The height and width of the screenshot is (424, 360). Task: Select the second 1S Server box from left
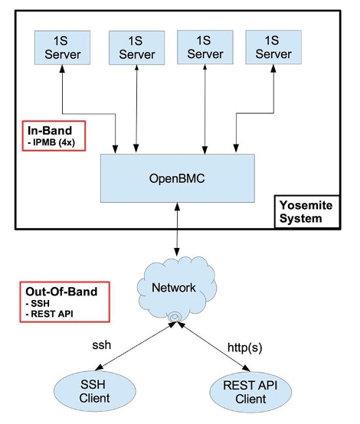[136, 48]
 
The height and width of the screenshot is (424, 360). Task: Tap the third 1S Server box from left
[205, 47]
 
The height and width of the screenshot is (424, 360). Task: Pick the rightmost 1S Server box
[273, 47]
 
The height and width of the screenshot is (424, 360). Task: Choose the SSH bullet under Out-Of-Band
[41, 305]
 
